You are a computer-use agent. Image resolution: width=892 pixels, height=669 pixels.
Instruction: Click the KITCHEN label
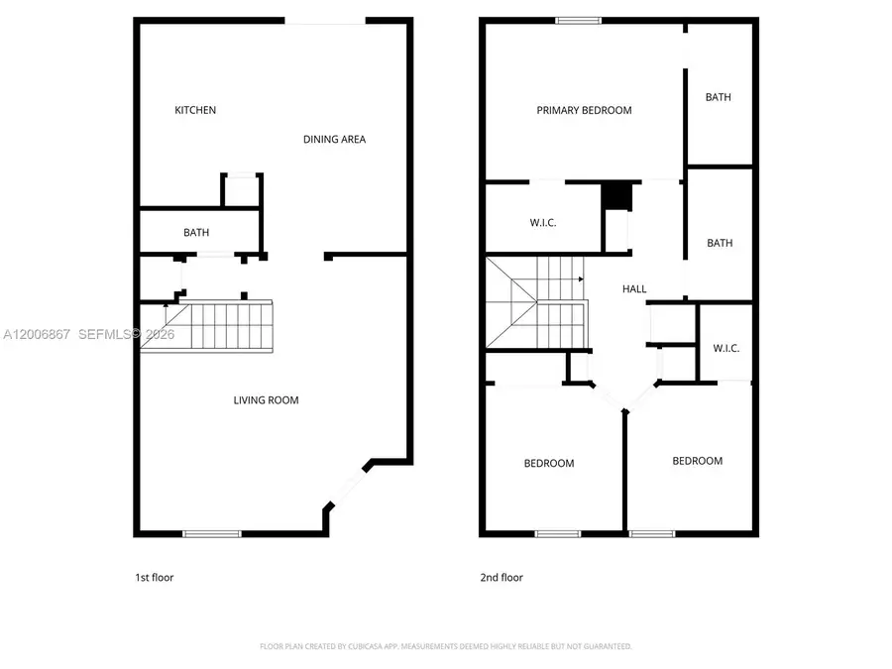195,110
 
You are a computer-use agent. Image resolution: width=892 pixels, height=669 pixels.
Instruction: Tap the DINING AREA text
334,140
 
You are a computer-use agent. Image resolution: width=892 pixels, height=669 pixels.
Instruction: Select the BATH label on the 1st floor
196,233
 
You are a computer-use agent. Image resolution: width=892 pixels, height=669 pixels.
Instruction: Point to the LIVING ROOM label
266,400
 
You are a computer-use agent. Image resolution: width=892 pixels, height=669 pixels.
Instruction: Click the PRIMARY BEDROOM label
584,110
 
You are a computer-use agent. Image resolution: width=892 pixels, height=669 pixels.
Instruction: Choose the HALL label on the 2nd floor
634,289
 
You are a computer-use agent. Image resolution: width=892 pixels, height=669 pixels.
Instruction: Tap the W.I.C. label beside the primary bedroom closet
543,223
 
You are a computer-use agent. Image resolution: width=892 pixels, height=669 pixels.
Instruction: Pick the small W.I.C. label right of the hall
726,348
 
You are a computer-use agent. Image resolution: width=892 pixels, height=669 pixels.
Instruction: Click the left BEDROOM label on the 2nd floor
548,463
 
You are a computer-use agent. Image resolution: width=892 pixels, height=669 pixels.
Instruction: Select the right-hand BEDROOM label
697,461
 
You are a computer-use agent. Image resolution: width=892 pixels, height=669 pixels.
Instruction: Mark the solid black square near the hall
616,195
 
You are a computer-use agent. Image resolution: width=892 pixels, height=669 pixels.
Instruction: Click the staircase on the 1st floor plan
218,326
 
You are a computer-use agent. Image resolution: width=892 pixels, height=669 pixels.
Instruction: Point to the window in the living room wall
212,534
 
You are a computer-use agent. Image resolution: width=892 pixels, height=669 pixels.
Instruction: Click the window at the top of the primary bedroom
578,19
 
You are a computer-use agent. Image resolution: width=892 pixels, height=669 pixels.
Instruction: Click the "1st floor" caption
155,577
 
